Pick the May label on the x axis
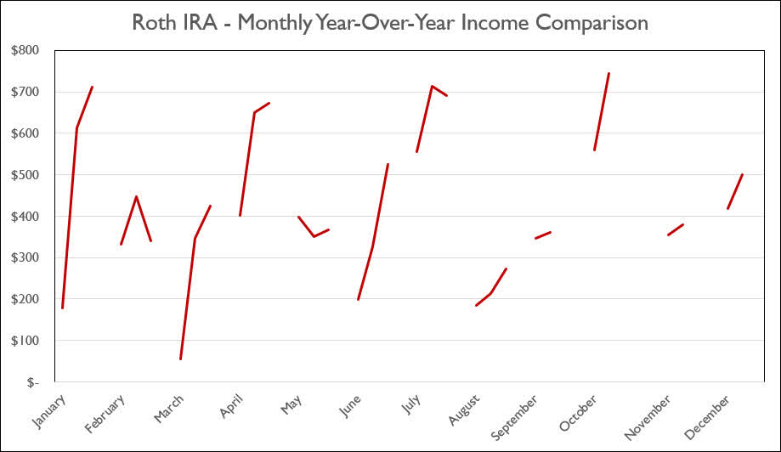tap(291, 404)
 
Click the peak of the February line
tap(136, 196)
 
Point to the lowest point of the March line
tap(180, 359)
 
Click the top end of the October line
tap(608, 73)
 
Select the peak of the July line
tap(432, 86)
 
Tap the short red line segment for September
tap(543, 234)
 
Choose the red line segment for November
tap(676, 229)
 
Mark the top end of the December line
tap(743, 174)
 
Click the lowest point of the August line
tap(476, 305)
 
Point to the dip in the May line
tap(314, 236)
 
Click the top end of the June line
tap(388, 164)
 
